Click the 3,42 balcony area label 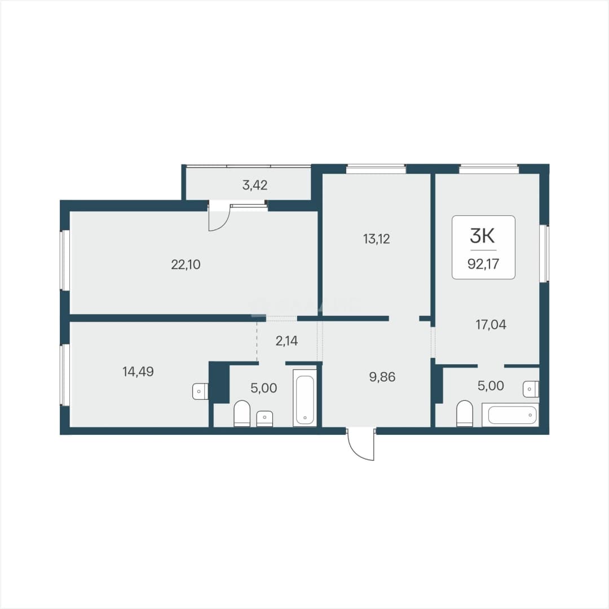255,186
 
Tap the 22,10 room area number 186,265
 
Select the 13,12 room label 376,239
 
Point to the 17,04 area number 491,325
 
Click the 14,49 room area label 138,372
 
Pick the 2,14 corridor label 286,341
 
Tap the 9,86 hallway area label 382,377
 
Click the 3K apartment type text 482,235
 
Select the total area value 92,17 483,264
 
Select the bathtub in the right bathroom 510,415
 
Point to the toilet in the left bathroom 242,414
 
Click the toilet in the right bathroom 464,414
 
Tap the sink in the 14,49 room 200,391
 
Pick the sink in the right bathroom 531,389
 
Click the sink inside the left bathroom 264,418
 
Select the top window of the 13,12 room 376,169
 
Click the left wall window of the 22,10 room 65,260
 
